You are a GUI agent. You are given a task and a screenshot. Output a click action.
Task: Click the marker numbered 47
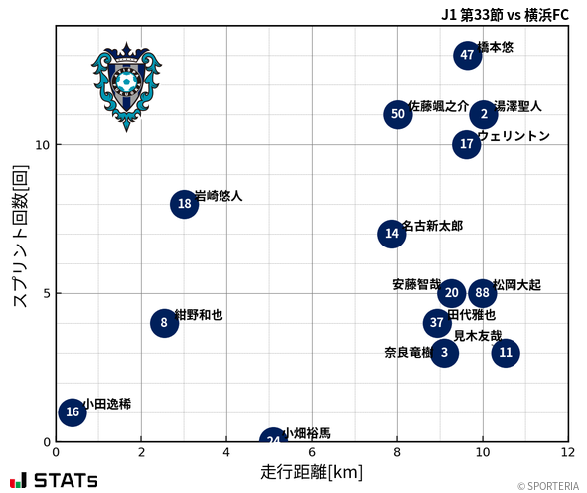click(x=468, y=55)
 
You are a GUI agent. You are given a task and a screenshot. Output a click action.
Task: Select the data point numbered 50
click(x=398, y=114)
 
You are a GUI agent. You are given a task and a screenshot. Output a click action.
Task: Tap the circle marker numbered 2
click(x=484, y=114)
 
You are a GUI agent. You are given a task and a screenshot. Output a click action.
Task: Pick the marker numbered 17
click(x=467, y=144)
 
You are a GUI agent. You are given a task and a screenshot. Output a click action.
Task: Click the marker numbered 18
click(x=184, y=204)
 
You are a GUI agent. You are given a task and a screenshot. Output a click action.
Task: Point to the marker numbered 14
click(x=392, y=234)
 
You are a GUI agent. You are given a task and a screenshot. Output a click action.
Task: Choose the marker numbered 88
click(x=482, y=293)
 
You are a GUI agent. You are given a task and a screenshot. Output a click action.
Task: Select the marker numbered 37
click(x=437, y=323)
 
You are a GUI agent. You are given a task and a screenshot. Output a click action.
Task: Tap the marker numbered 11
click(x=506, y=352)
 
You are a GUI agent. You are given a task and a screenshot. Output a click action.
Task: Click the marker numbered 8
click(x=164, y=323)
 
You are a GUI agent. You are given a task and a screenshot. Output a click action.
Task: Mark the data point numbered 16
click(x=72, y=411)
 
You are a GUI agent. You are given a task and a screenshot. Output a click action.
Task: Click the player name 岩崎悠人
click(x=219, y=196)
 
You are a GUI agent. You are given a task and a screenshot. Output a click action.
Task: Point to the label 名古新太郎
click(x=432, y=226)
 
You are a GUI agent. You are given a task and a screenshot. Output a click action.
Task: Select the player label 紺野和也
click(x=199, y=315)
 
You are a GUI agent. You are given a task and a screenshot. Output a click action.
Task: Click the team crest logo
click(x=125, y=85)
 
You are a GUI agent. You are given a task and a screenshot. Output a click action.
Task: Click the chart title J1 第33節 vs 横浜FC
click(x=506, y=14)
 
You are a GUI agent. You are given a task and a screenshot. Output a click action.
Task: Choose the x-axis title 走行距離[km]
click(x=311, y=472)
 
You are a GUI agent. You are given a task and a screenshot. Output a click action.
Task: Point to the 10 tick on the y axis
click(x=44, y=145)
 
